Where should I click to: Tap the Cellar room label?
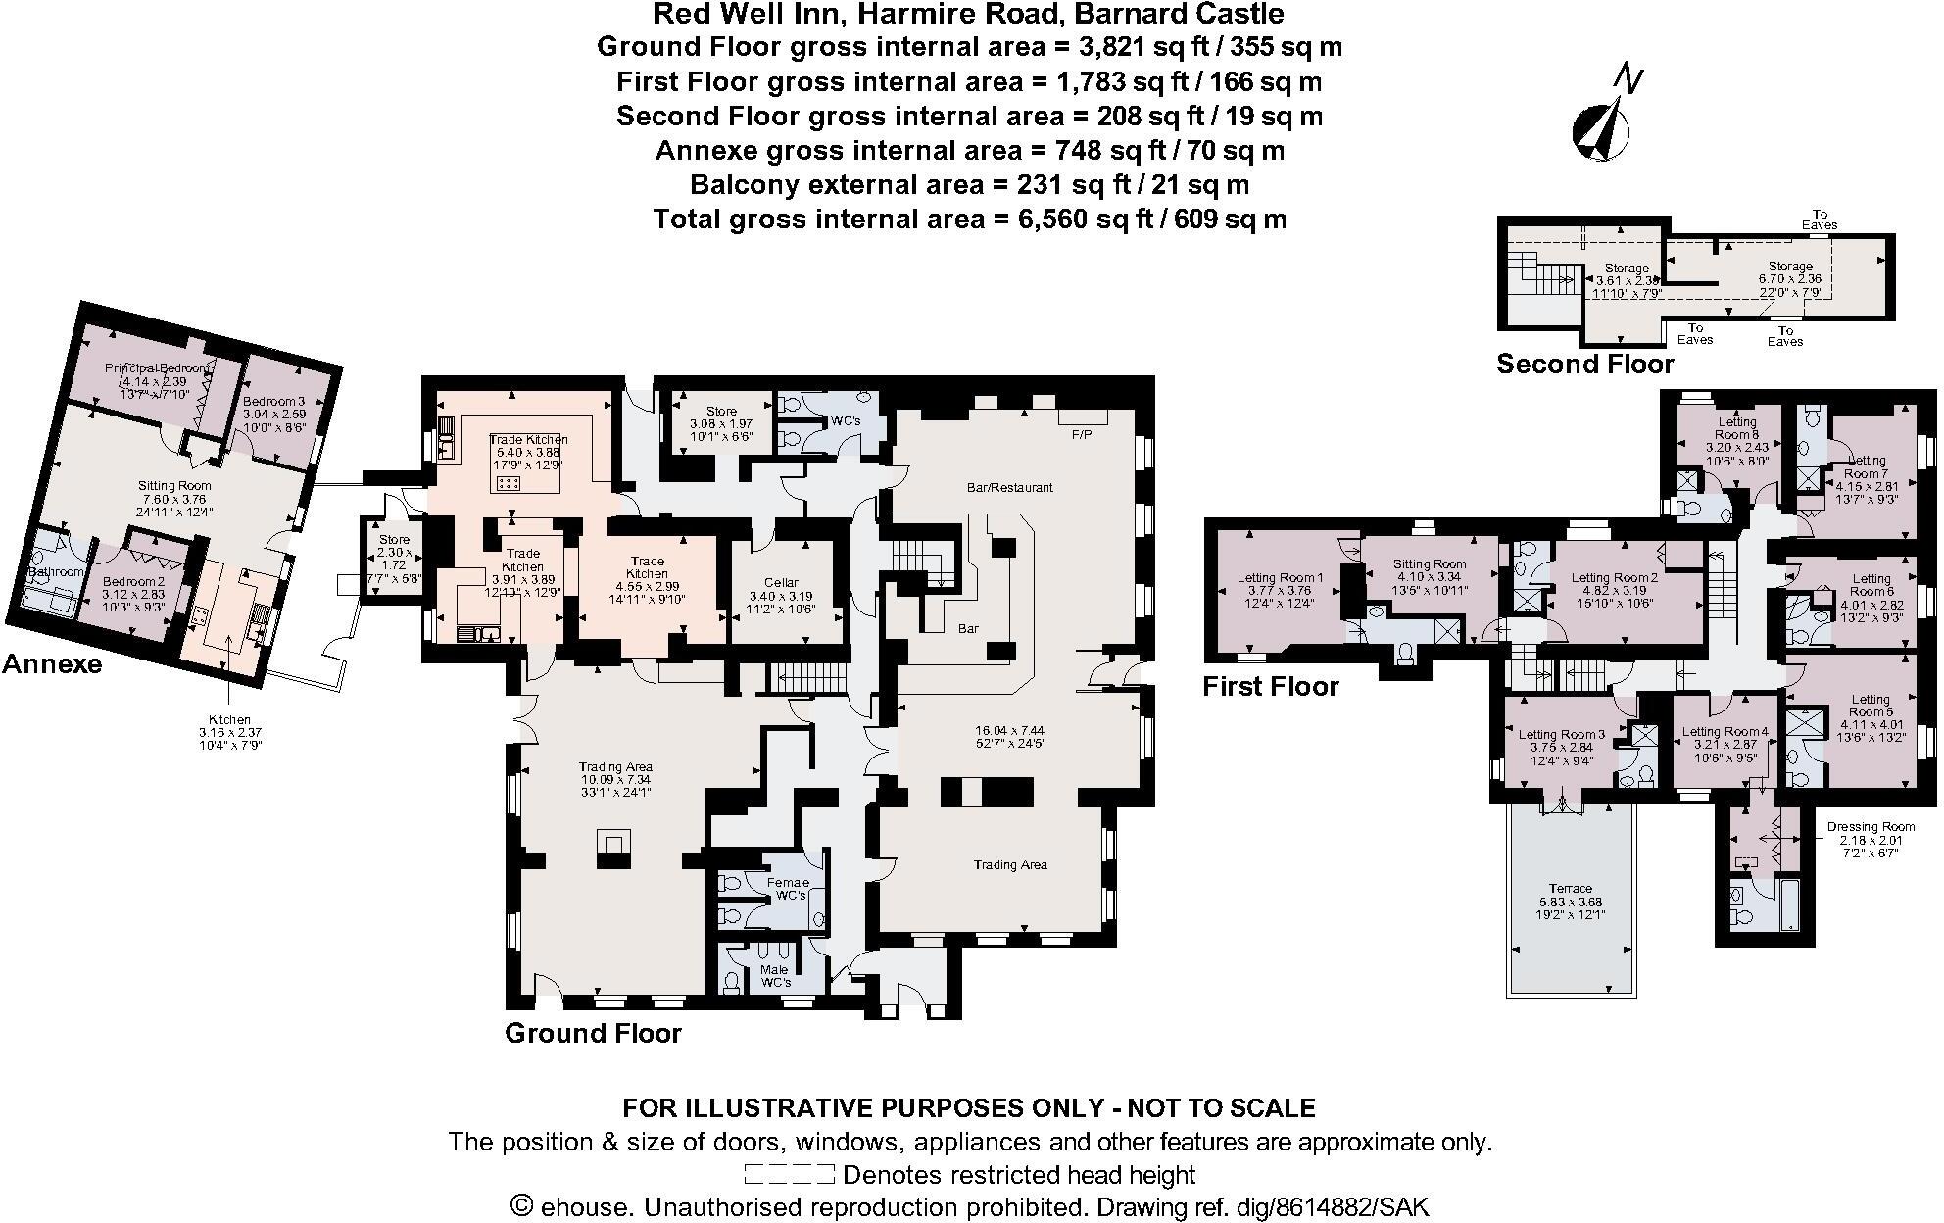pyautogui.click(x=781, y=582)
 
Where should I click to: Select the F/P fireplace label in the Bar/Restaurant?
pyautogui.click(x=1082, y=432)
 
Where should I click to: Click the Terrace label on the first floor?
pyautogui.click(x=1570, y=888)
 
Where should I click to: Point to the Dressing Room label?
pyautogui.click(x=1870, y=827)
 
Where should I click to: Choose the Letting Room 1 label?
pyautogui.click(x=1280, y=578)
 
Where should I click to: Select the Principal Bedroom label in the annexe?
pyautogui.click(x=157, y=367)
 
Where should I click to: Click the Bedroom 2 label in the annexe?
pyautogui.click(x=134, y=582)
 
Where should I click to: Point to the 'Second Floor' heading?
pyautogui.click(x=1584, y=365)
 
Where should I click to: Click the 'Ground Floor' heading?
pyautogui.click(x=593, y=1033)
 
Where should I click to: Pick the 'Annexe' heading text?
pyautogui.click(x=52, y=664)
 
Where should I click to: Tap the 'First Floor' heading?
pyautogui.click(x=1270, y=687)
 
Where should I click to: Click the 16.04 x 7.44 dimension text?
pyautogui.click(x=1010, y=730)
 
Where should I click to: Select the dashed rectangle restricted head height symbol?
pyautogui.click(x=789, y=1174)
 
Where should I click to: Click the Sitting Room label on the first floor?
pyautogui.click(x=1430, y=564)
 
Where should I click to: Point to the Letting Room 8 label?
pyautogui.click(x=1737, y=428)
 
